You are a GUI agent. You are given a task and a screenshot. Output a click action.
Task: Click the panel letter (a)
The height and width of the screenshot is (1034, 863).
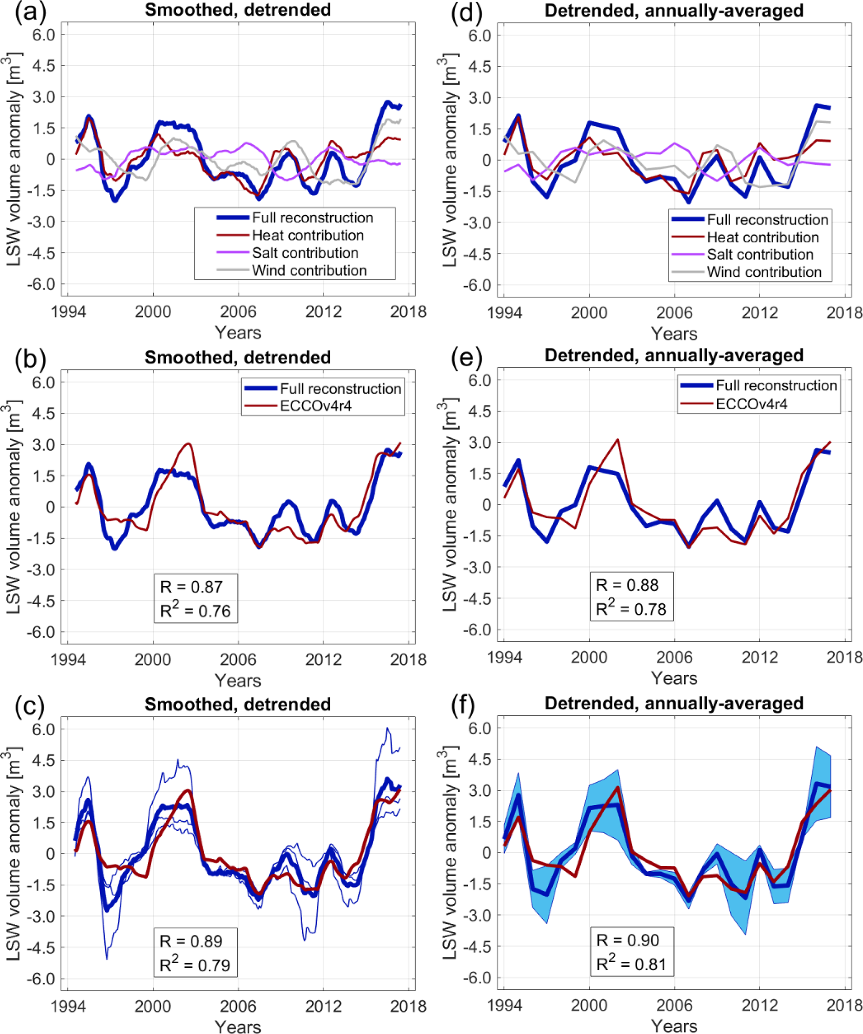30,11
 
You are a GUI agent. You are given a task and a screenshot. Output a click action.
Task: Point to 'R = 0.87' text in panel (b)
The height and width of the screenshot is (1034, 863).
191,587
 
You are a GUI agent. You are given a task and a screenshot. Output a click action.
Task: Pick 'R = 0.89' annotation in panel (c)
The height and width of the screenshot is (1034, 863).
191,941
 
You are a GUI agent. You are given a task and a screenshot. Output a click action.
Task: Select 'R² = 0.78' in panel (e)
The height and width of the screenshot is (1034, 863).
631,609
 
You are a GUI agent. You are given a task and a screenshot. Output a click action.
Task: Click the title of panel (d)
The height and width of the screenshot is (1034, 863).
674,11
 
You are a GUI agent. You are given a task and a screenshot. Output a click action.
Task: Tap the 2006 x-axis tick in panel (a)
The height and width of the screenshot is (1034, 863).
238,312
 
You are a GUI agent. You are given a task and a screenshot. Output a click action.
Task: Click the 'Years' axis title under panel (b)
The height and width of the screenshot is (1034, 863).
238,681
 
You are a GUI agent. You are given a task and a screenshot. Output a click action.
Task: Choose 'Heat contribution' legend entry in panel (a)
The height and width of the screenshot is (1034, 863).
308,235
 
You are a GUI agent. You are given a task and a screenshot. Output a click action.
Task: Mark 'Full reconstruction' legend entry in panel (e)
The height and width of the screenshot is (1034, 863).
776,386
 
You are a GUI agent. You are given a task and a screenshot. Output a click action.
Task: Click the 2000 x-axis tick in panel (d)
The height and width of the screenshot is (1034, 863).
589,313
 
